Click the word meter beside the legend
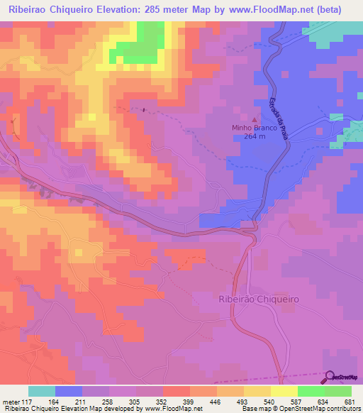pos(11,401)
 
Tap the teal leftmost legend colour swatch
pos(42,391)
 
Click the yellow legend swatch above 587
pos(284,391)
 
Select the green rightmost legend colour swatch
pos(338,391)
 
